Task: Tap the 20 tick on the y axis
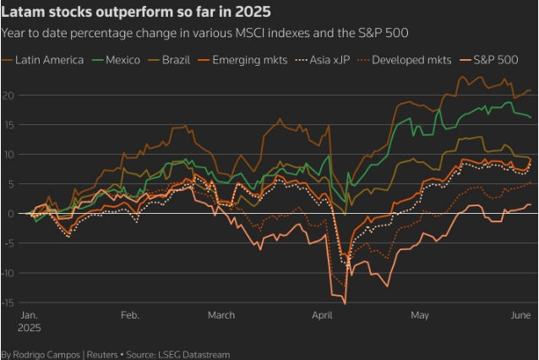[8, 95]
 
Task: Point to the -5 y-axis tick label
[8, 243]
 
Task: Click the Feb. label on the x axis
[129, 314]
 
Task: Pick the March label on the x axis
[221, 314]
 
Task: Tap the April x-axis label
[323, 314]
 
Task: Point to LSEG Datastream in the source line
[197, 354]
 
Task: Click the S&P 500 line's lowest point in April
[345, 303]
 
